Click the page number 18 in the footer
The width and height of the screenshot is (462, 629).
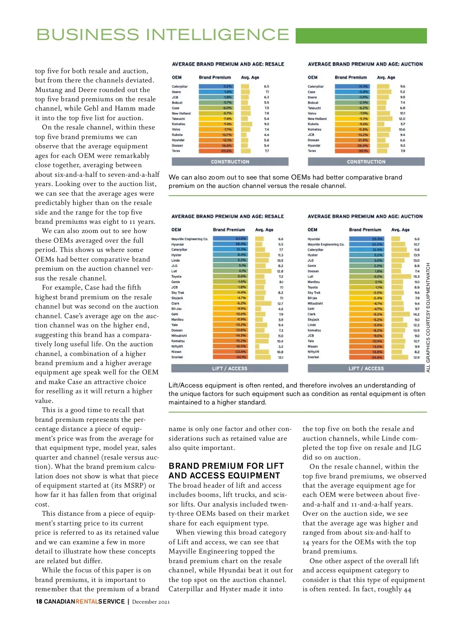(39, 602)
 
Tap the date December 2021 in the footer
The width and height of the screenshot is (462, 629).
(151, 602)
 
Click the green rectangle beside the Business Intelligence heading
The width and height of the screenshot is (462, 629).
(361, 35)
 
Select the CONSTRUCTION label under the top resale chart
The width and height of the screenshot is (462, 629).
(230, 162)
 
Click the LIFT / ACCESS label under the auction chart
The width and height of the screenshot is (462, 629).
(366, 369)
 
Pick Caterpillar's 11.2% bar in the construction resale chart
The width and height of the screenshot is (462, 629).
(216, 87)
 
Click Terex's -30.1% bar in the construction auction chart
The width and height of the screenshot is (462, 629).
(352, 151)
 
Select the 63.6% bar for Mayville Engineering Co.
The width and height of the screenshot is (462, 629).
(230, 239)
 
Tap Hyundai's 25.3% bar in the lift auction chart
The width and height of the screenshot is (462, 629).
(366, 239)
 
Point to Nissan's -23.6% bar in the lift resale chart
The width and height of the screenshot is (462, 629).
(230, 352)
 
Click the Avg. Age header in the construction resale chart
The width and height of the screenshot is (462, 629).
(250, 77)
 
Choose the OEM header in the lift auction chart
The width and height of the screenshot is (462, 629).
(312, 230)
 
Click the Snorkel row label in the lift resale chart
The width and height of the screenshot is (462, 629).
(177, 357)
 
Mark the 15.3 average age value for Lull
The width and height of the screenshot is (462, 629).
(417, 277)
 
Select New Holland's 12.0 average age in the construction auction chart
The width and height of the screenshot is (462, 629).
(402, 119)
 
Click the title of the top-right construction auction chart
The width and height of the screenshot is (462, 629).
(365, 64)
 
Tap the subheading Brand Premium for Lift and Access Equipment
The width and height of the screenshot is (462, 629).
(226, 471)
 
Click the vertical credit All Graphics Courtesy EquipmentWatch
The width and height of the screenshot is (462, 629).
(428, 317)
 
